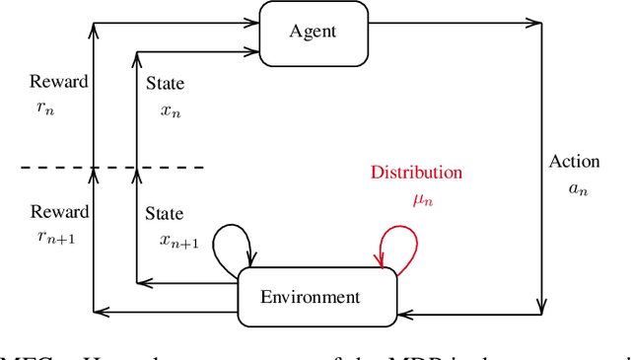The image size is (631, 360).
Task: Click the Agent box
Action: pos(313,31)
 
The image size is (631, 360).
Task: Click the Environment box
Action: pos(317,296)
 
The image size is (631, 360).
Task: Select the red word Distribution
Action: pos(416,173)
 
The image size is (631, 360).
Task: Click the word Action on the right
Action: pos(572,162)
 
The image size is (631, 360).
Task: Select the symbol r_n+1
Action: pos(52,237)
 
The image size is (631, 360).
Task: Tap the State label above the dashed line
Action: pos(165,85)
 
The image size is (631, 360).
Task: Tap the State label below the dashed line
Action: pos(165,213)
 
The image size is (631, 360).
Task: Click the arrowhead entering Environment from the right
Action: pos(403,313)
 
